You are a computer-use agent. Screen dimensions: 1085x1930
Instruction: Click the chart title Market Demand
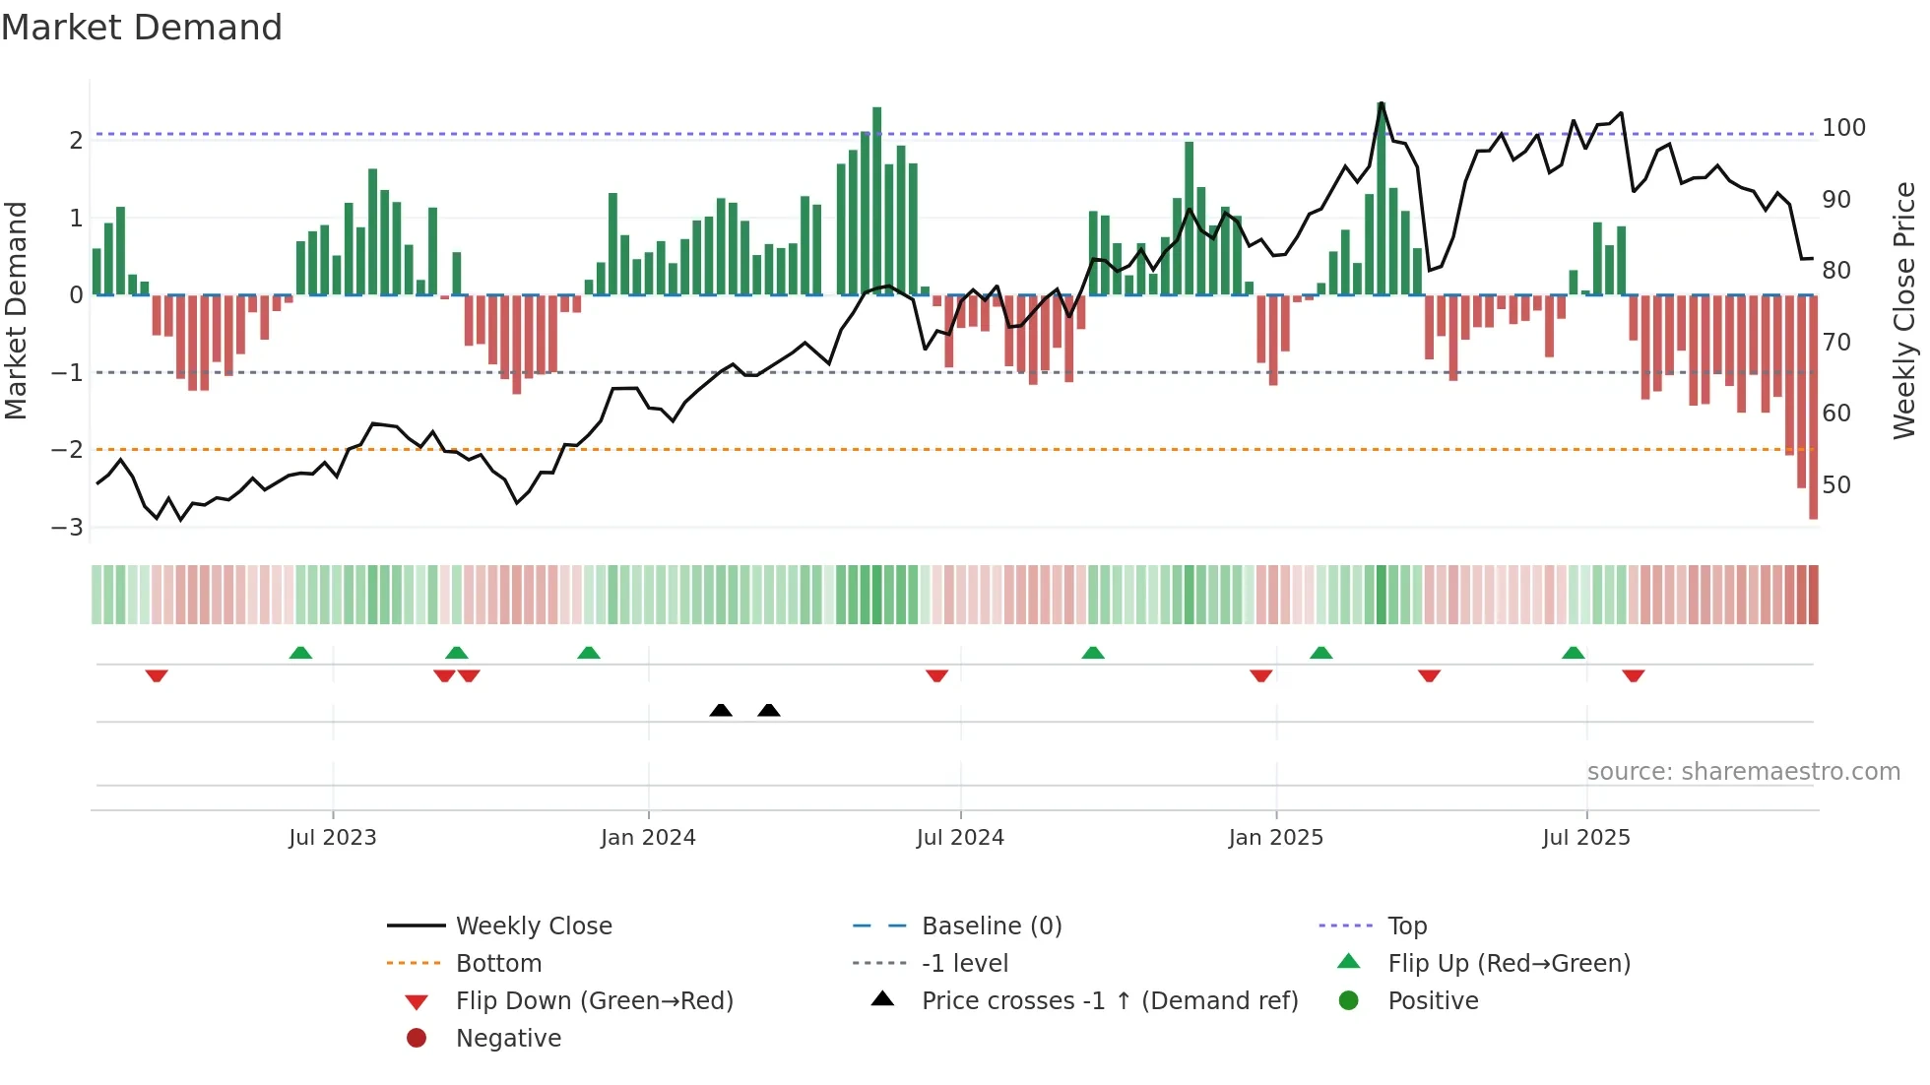coord(142,28)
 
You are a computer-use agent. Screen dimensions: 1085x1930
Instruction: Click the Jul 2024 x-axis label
coord(960,838)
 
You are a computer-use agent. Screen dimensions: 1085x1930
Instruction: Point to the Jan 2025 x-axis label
coord(1275,838)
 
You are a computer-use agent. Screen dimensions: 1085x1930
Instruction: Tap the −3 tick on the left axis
coord(68,527)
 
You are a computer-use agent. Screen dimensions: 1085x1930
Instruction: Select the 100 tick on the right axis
coord(1843,128)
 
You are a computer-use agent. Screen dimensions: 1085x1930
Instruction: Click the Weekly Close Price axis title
coord(1904,310)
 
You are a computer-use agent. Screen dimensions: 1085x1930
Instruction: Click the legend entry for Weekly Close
coord(533,926)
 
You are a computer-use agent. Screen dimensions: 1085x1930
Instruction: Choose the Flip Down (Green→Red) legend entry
coord(594,1001)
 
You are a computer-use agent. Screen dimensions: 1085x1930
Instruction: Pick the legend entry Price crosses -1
coord(1109,1001)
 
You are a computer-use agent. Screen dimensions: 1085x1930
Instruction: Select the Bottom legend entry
coord(498,964)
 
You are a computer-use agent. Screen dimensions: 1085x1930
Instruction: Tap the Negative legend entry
coord(508,1039)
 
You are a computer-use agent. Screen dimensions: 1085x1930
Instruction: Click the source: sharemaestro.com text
coord(1743,772)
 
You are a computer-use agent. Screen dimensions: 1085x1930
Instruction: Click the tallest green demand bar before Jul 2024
coord(876,197)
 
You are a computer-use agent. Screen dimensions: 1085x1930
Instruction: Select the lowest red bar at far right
coord(1813,409)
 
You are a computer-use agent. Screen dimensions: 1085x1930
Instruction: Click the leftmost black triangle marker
coord(721,710)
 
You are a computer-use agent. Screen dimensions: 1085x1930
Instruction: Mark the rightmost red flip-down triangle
coord(1634,675)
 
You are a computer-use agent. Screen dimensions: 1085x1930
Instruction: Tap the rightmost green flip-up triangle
coord(1574,653)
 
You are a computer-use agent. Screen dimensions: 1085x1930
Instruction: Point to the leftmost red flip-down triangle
coord(157,675)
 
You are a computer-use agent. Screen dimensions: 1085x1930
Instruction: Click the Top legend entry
coord(1406,926)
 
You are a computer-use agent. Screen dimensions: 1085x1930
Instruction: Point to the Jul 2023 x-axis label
coord(333,838)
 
